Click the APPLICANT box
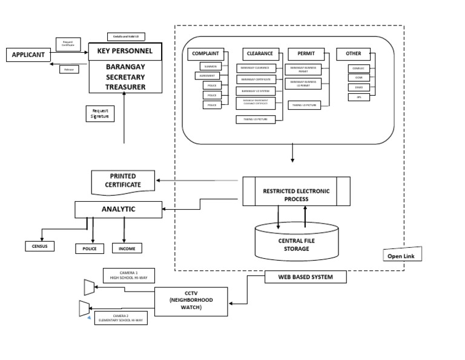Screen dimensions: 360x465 click(x=28, y=55)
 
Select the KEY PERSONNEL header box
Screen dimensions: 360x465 click(x=125, y=51)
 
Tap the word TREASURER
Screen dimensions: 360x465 click(x=125, y=87)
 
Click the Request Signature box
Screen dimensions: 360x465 click(x=100, y=113)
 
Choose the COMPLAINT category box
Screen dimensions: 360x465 click(x=205, y=54)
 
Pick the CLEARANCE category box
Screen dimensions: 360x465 click(x=259, y=54)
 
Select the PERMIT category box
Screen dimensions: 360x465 click(x=306, y=54)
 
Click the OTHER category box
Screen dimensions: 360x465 click(x=353, y=54)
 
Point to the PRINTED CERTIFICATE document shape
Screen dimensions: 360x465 click(x=125, y=181)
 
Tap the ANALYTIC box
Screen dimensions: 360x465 click(x=118, y=210)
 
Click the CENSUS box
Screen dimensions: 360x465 click(x=40, y=246)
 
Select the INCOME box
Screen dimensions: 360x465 click(x=127, y=248)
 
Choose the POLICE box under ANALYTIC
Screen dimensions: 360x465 click(x=90, y=248)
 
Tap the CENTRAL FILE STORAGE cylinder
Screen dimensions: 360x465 click(x=297, y=242)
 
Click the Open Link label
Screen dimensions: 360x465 click(x=403, y=256)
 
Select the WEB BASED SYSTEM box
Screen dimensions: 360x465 click(x=306, y=277)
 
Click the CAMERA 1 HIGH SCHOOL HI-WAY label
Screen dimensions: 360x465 click(x=128, y=276)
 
